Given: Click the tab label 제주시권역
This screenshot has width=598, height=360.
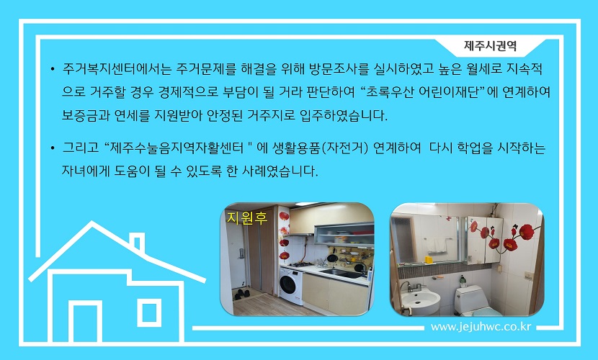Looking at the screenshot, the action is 490,45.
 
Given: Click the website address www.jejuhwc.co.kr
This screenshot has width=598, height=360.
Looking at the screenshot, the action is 481,327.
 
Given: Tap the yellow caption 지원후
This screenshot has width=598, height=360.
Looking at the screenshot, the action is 246,218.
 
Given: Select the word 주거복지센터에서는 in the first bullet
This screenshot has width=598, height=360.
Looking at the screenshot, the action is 117,69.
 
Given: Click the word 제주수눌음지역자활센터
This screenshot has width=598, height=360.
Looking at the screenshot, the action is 176,148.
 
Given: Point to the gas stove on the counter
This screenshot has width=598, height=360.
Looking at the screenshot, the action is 301,264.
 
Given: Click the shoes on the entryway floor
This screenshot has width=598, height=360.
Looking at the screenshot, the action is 242,294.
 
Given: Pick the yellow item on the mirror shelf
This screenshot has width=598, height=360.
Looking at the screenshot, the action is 429,259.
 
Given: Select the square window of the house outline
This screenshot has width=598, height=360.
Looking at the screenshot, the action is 149,312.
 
